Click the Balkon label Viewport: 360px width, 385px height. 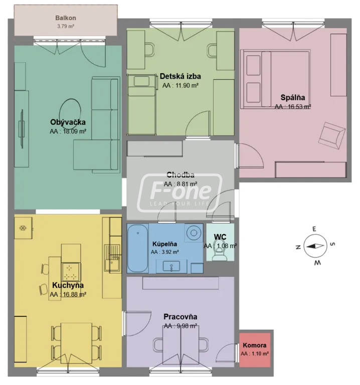pyautogui.click(x=66, y=18)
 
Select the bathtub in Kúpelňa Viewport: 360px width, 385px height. pyautogui.click(x=138, y=248)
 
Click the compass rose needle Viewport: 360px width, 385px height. pyautogui.click(x=315, y=246)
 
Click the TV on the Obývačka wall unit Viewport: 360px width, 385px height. pyautogui.click(x=22, y=129)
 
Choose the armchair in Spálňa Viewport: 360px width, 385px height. pyautogui.click(x=331, y=135)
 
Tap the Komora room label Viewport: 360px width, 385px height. pyautogui.click(x=255, y=345)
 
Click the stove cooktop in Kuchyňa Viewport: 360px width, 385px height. pyautogui.click(x=71, y=272)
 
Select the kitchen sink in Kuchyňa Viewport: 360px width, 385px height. pyautogui.click(x=112, y=258)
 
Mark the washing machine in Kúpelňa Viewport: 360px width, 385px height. pyautogui.click(x=194, y=232)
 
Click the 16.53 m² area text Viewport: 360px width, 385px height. pyautogui.click(x=293, y=107)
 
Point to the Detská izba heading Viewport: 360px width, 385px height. pyautogui.click(x=180, y=76)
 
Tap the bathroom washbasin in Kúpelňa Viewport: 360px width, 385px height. pyautogui.click(x=171, y=266)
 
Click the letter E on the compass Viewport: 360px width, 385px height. pyautogui.click(x=314, y=229)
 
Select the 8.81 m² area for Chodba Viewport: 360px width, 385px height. pyautogui.click(x=181, y=184)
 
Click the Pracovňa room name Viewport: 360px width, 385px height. pyautogui.click(x=180, y=317)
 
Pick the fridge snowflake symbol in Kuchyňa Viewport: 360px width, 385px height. pyautogui.click(x=23, y=228)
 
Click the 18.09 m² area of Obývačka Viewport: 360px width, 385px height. pyautogui.click(x=68, y=131)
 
